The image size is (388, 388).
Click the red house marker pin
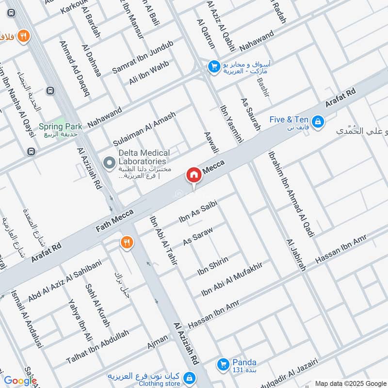click(x=194, y=175)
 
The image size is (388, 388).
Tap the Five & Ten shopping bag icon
click(x=318, y=121)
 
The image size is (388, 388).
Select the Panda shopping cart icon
click(x=223, y=363)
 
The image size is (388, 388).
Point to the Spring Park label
click(x=61, y=126)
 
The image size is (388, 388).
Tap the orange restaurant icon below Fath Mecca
click(x=127, y=242)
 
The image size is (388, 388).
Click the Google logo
click(x=20, y=381)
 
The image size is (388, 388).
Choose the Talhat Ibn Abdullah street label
click(x=98, y=347)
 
